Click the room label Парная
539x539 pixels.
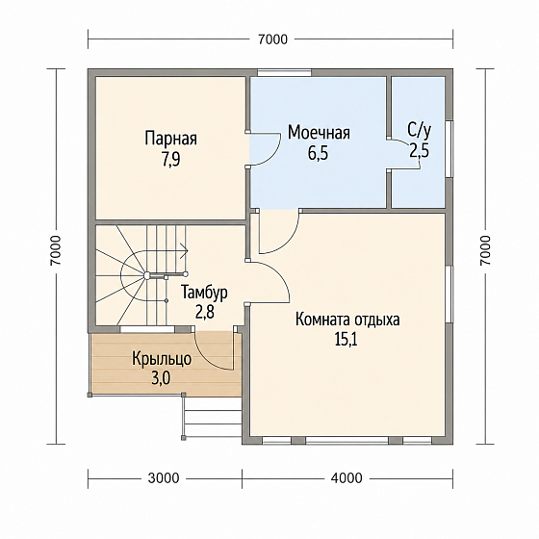click(171, 139)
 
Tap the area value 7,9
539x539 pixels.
click(171, 159)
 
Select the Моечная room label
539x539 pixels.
click(319, 133)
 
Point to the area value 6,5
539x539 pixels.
click(318, 153)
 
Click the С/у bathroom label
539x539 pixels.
click(419, 130)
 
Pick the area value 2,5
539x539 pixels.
click(419, 150)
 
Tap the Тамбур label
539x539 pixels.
click(204, 293)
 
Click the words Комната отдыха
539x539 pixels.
click(347, 320)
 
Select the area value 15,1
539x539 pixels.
click(346, 340)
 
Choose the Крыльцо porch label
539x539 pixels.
click(162, 359)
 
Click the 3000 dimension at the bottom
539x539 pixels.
click(164, 478)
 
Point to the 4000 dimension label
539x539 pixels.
click(346, 478)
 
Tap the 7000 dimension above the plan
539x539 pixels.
click(271, 39)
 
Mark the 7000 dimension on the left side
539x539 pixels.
click(56, 250)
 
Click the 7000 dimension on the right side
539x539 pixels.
click(485, 250)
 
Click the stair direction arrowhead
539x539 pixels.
click(186, 250)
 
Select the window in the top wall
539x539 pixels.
click(284, 72)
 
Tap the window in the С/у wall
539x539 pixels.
click(449, 149)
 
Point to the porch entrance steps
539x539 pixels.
click(213, 417)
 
